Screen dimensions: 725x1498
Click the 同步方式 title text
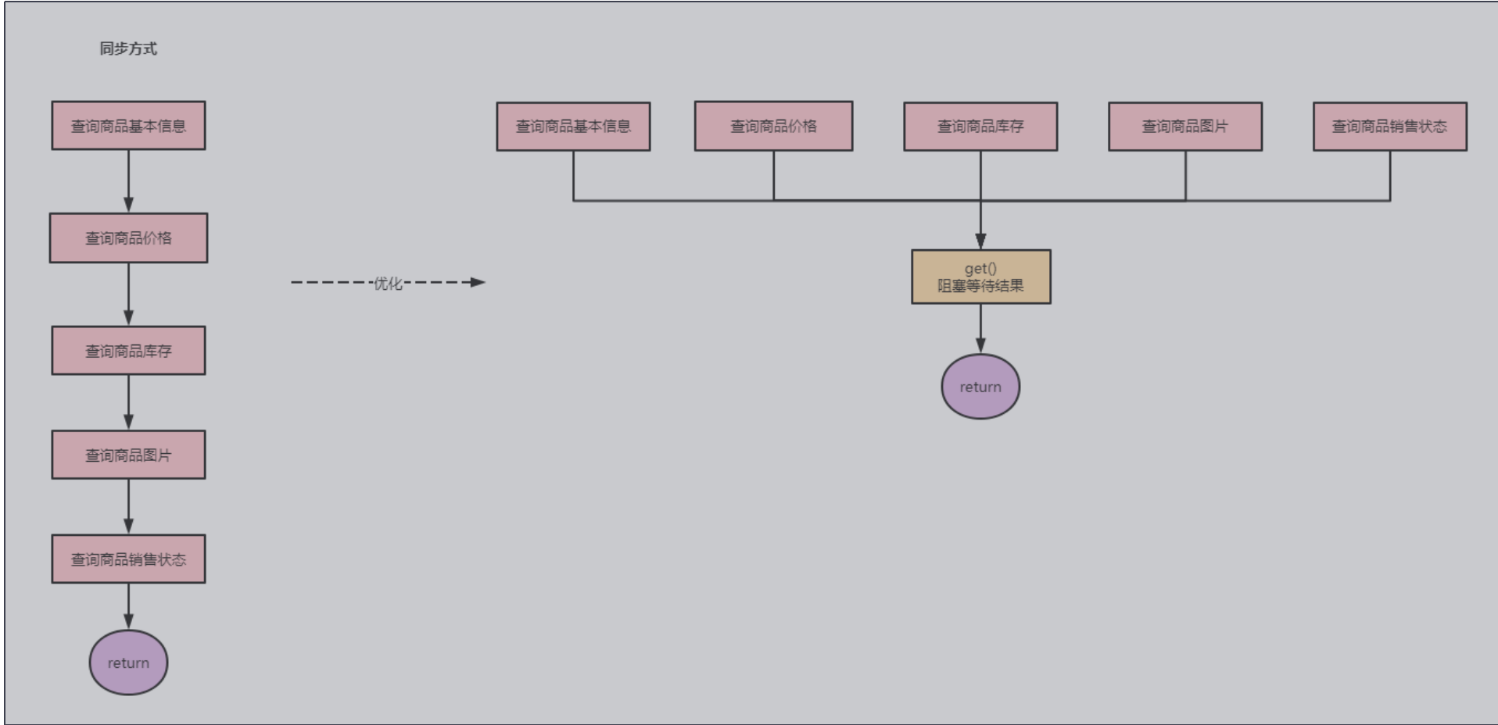128,48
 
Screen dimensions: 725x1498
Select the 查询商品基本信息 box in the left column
128,126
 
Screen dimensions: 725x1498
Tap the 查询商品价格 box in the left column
128,238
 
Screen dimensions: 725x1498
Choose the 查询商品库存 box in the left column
128,351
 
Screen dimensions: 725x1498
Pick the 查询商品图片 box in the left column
128,455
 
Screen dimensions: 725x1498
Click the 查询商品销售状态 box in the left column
128,559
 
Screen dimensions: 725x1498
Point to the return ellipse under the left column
128,662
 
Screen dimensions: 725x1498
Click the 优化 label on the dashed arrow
388,283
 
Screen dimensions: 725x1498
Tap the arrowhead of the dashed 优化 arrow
478,282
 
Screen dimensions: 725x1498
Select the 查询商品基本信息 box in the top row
573,127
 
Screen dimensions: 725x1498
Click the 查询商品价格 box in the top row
773,127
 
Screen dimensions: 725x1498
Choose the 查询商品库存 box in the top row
980,127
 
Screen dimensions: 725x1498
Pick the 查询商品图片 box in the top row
1184,127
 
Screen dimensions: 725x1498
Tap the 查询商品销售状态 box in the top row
1389,127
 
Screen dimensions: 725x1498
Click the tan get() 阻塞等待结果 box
980,277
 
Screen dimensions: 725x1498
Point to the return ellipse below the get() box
980,387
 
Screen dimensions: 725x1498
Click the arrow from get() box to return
980,329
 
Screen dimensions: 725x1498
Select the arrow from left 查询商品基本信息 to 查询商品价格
128,181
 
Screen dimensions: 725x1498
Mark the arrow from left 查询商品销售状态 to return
128,606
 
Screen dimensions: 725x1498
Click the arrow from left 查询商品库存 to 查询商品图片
128,402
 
